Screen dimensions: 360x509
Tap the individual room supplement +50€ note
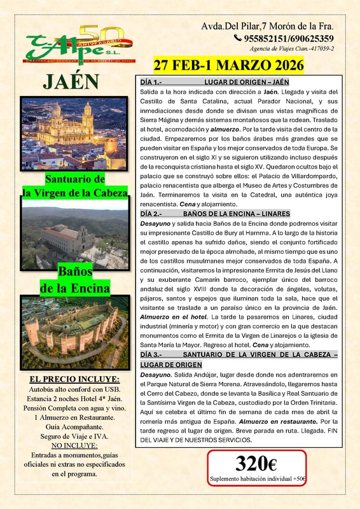click(258, 479)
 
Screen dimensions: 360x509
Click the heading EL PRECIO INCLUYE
click(74, 380)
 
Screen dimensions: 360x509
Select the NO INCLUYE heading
click(73, 446)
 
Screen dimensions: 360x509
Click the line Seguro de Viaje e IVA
click(74, 436)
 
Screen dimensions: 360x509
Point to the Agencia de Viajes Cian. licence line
click(293, 49)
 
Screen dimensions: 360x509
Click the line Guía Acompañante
click(74, 427)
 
